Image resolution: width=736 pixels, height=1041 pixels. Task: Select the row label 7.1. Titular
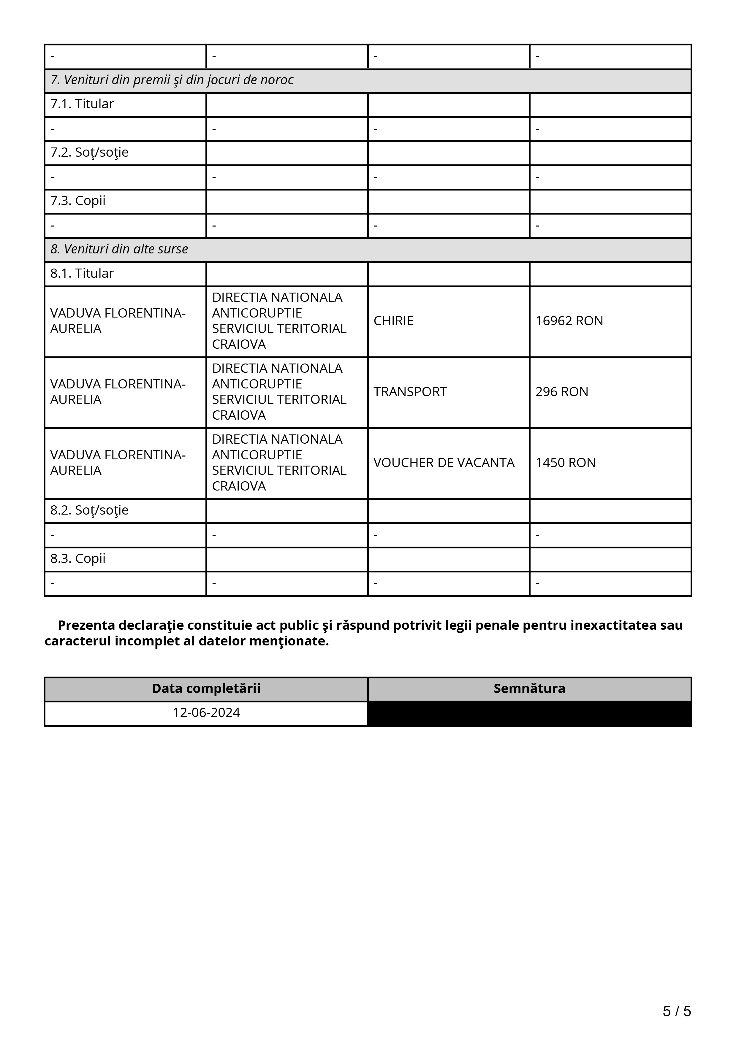tap(82, 104)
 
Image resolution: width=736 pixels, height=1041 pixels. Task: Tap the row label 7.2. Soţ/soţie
tap(89, 152)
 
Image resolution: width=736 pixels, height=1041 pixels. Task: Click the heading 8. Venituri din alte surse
tap(119, 249)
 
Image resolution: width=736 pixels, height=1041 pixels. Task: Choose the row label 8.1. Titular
tap(82, 273)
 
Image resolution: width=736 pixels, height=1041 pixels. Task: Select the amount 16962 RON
tap(569, 321)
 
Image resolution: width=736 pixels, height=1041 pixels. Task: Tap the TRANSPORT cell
tap(410, 392)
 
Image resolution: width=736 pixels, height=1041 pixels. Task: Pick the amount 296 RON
tap(561, 392)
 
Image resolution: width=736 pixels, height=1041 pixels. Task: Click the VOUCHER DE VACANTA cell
tap(444, 463)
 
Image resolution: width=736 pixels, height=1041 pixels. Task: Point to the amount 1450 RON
tap(565, 463)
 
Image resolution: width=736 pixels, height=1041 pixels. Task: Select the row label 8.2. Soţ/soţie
tap(89, 510)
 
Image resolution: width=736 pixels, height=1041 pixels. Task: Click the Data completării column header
tap(206, 689)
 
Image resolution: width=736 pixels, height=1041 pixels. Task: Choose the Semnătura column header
tap(529, 689)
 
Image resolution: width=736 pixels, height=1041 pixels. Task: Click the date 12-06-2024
tap(206, 713)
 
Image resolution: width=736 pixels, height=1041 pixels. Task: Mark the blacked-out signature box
tap(529, 713)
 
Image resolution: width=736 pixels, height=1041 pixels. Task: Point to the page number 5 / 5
tap(677, 1011)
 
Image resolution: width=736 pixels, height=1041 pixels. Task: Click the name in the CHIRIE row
tap(118, 321)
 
